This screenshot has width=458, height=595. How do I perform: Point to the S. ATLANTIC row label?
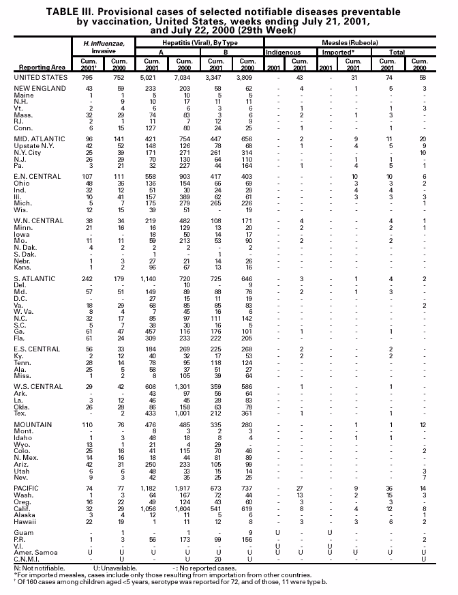click(35, 279)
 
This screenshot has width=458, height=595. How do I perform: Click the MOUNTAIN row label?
click(32, 425)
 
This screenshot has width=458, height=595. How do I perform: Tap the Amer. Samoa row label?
click(33, 552)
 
